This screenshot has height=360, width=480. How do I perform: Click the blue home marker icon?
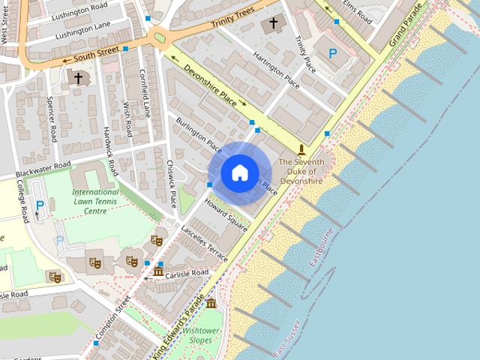[x=239, y=172]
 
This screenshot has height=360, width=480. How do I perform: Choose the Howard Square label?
[x=226, y=214]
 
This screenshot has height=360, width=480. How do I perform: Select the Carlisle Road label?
[x=187, y=273]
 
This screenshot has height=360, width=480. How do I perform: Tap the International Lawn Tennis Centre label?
[x=95, y=202]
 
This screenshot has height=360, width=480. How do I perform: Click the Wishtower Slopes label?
[x=200, y=334]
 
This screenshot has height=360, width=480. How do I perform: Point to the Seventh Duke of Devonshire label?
[x=301, y=171]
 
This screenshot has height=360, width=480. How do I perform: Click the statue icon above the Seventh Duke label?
[x=301, y=150]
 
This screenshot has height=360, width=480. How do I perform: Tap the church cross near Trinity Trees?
[x=274, y=24]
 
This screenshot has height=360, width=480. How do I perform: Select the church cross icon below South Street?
[x=78, y=77]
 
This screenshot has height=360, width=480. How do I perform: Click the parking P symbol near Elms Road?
[x=333, y=53]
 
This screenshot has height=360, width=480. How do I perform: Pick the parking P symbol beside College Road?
[x=40, y=205]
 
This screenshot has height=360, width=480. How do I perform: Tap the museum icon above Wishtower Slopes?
[x=211, y=303]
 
